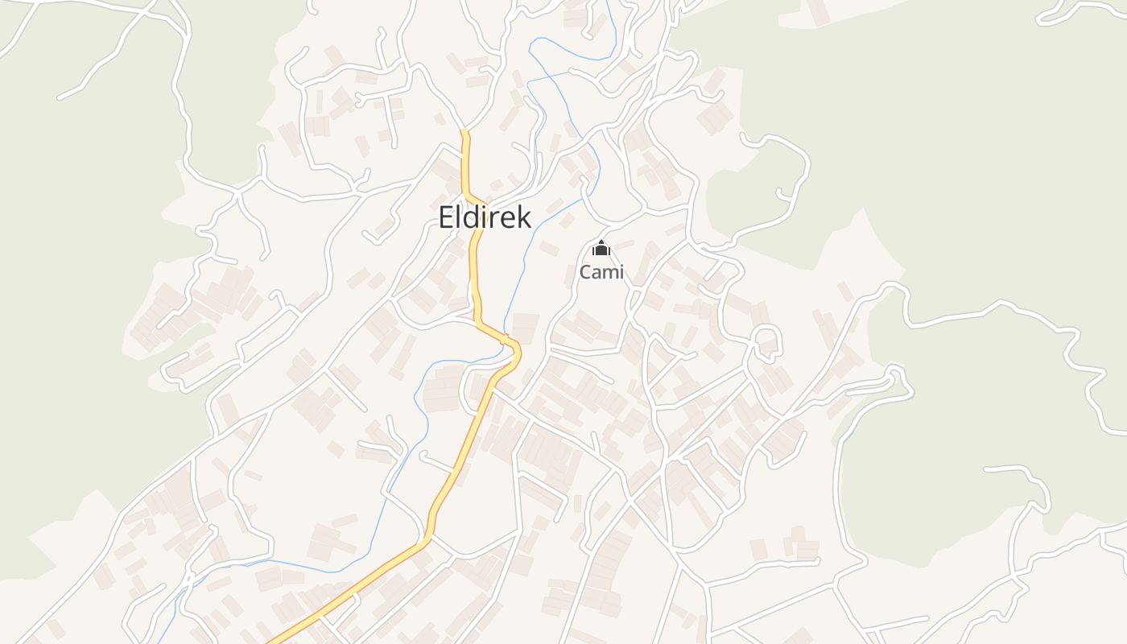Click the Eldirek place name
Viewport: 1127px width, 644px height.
tap(485, 217)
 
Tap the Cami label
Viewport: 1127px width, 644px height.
tap(601, 272)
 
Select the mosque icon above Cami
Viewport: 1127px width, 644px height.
tap(601, 250)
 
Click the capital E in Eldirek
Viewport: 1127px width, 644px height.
tap(447, 217)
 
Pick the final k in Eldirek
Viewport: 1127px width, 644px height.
tap(524, 217)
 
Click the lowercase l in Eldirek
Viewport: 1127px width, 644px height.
tap(459, 217)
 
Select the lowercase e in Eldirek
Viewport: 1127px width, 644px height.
tap(509, 219)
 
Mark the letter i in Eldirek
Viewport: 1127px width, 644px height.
tap(485, 217)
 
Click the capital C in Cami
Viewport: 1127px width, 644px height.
tap(586, 272)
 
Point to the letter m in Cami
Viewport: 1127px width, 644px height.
tap(609, 274)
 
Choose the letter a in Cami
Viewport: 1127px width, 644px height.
tap(597, 274)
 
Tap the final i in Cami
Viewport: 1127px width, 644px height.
tap(621, 272)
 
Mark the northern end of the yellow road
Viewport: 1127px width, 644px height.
tap(464, 131)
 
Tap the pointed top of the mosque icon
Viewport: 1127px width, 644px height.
tap(601, 242)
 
